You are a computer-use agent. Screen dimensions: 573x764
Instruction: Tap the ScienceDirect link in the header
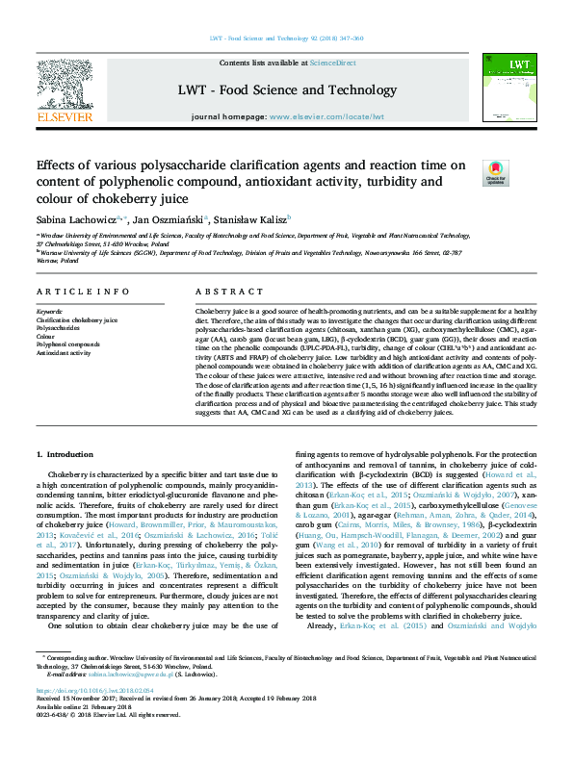click(x=332, y=63)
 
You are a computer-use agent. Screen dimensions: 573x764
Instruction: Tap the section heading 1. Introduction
click(x=65, y=453)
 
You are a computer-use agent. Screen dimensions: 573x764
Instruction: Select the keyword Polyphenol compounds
click(x=67, y=344)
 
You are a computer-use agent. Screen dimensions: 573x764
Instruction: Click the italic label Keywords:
click(x=49, y=312)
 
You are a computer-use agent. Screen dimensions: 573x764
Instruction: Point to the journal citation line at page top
click(x=286, y=39)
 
